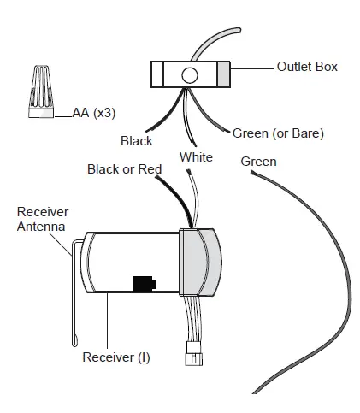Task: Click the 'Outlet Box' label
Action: coord(307,67)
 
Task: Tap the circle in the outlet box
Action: coord(190,75)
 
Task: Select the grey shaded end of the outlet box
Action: coord(223,74)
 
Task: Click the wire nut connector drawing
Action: coord(41,91)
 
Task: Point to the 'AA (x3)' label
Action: coord(94,113)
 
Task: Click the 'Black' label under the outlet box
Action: coord(137,141)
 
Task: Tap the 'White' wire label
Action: coord(196,157)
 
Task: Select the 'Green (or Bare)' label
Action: coord(278,133)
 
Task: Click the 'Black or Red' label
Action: coord(125,169)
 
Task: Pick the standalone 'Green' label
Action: coord(258,162)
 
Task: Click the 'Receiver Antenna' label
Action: coord(43,219)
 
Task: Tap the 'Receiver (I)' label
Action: coord(116,357)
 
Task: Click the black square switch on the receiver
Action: coord(145,284)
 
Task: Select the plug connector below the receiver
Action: coord(194,354)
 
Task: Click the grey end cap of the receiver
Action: coord(200,263)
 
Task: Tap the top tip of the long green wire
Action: coord(252,173)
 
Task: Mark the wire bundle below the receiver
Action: coord(192,319)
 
